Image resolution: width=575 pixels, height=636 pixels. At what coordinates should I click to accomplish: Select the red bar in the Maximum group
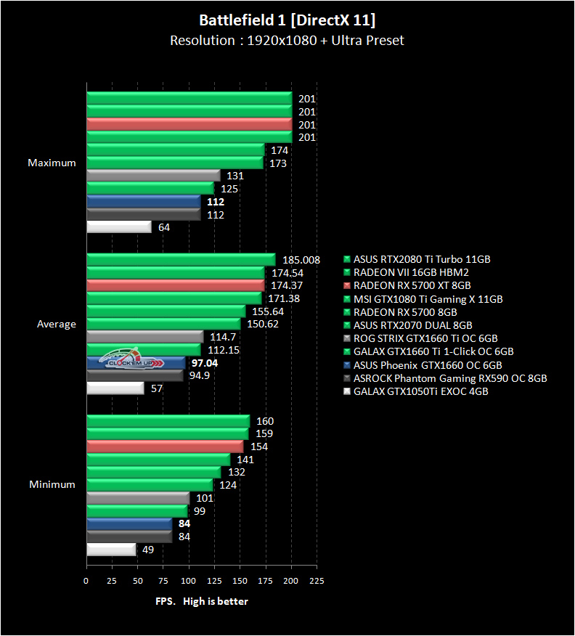pyautogui.click(x=189, y=124)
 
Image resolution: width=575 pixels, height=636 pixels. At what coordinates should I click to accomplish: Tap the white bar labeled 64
pyautogui.click(x=119, y=227)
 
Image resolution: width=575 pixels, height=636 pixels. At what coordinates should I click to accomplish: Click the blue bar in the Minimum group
pyautogui.click(x=129, y=523)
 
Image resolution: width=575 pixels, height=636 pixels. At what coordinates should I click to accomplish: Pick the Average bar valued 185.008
pyautogui.click(x=181, y=259)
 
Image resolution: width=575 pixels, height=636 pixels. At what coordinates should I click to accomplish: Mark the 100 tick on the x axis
pyautogui.click(x=189, y=581)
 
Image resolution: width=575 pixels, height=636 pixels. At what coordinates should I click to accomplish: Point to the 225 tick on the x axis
pyautogui.click(x=316, y=581)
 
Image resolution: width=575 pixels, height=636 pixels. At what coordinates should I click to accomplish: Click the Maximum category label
pyautogui.click(x=52, y=163)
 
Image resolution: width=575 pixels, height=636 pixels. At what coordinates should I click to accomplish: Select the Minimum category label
pyautogui.click(x=52, y=484)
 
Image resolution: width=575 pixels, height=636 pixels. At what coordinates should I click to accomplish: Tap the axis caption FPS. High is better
pyautogui.click(x=202, y=601)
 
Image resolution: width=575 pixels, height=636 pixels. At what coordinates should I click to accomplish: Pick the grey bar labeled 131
pyautogui.click(x=153, y=176)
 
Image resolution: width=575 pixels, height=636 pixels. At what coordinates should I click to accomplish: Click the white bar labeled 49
pyautogui.click(x=111, y=550)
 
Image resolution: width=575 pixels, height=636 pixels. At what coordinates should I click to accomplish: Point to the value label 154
pyautogui.click(x=258, y=447)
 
